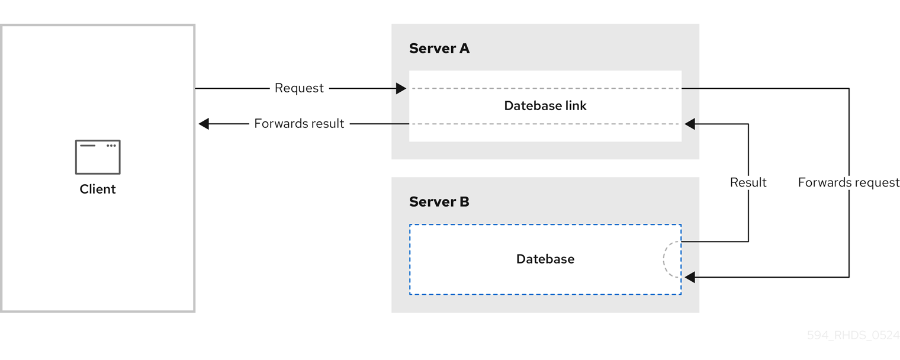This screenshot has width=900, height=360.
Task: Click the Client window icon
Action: point(98,157)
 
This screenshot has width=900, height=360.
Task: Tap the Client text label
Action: point(98,189)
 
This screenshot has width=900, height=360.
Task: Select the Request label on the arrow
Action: point(299,88)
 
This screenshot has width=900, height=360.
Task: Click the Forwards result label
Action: point(299,124)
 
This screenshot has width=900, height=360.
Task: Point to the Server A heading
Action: point(439,49)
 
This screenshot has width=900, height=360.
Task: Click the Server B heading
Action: point(439,202)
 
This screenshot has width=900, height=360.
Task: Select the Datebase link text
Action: point(545,106)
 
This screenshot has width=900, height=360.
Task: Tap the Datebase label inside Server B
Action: point(545,259)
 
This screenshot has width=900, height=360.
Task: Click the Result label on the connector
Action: point(748,183)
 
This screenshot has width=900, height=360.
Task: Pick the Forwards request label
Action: point(848,183)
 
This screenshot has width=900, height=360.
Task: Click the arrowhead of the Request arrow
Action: point(401,89)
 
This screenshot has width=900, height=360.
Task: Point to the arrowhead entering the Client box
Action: point(204,124)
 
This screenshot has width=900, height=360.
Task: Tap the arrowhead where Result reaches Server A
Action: point(690,124)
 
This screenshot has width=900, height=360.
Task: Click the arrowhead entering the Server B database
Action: point(690,277)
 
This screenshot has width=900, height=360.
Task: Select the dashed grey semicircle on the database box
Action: point(670,259)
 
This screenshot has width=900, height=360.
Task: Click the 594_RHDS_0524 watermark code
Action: point(853,335)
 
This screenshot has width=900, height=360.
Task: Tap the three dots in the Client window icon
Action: point(111,146)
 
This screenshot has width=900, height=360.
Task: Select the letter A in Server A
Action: point(464,49)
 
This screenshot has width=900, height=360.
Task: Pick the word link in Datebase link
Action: point(575,106)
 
